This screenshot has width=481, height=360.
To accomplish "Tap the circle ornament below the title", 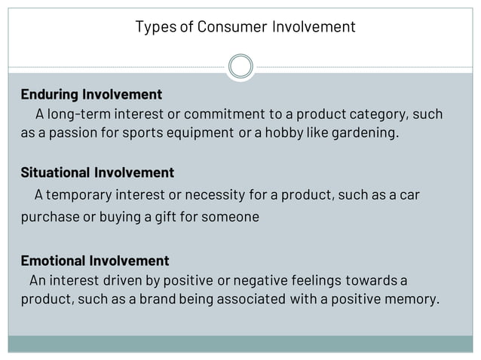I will (240, 66).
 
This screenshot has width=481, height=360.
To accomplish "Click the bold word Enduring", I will (49, 95).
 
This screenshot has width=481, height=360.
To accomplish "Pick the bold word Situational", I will (54, 172).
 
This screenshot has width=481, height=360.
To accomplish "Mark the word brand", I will (147, 300).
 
